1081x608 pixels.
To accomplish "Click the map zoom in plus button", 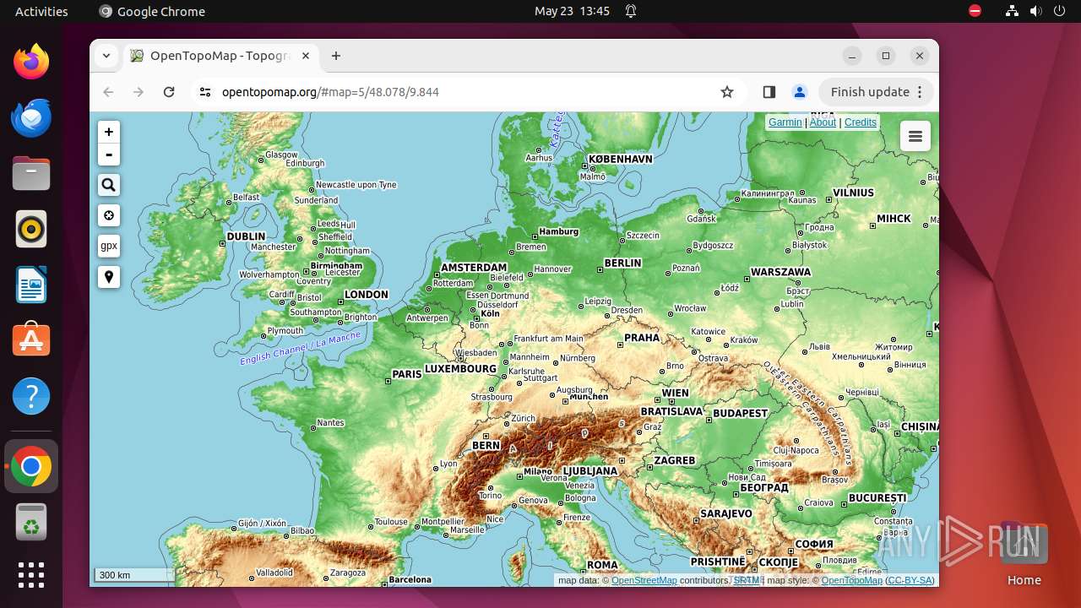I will tap(109, 132).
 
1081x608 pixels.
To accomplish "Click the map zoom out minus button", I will tap(109, 155).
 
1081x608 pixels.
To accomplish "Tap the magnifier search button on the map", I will tap(109, 185).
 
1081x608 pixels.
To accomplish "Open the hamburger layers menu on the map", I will tap(915, 137).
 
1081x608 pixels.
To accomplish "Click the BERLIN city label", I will tap(623, 263).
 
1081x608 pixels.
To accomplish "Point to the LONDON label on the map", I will tap(367, 295).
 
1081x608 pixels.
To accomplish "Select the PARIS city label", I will tap(406, 374).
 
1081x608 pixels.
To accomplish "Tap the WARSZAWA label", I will tap(780, 273).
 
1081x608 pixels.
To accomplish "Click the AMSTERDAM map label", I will tap(474, 268).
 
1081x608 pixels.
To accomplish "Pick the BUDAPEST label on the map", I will tap(740, 414).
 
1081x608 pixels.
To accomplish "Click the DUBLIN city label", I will tap(246, 237).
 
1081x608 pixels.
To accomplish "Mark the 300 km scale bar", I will tap(133, 575).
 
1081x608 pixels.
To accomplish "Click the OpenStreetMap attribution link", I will tap(644, 580).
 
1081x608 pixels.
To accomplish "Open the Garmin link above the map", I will tap(785, 122).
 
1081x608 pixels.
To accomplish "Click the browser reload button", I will tap(169, 92).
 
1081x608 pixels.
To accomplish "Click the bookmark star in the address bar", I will tap(727, 92).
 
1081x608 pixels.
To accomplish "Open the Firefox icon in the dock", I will tap(31, 62).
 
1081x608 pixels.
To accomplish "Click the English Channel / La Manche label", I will tap(300, 348).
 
